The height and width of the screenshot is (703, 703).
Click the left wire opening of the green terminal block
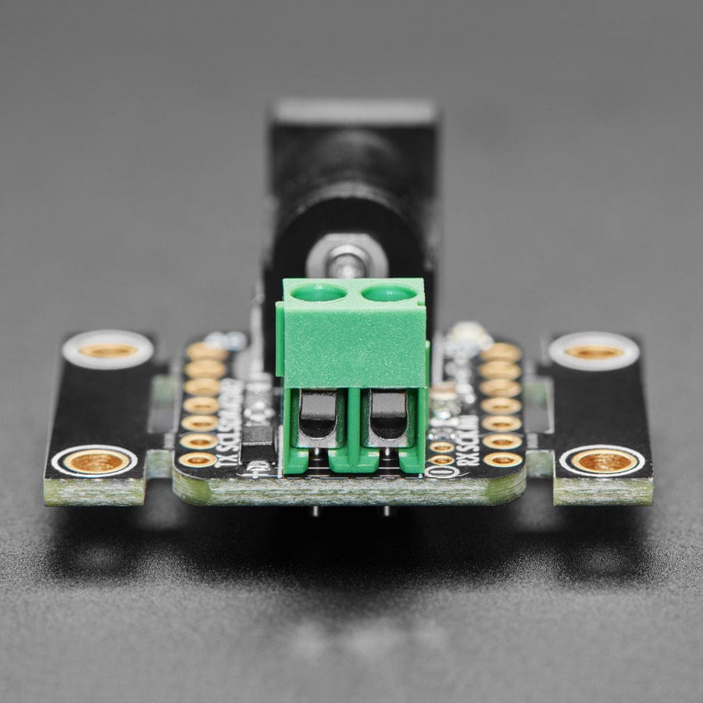(x=318, y=416)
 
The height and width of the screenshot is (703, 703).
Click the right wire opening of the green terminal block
(x=388, y=416)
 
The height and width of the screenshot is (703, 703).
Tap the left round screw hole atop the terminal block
(x=318, y=293)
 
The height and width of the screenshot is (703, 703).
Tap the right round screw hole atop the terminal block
(x=389, y=293)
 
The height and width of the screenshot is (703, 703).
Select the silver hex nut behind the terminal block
(x=348, y=259)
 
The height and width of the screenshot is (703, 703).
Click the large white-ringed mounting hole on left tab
(x=108, y=350)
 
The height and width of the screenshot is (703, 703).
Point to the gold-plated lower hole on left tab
(x=96, y=462)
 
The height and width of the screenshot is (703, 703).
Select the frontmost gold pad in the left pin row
(x=198, y=460)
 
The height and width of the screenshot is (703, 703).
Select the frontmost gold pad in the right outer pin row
(x=503, y=459)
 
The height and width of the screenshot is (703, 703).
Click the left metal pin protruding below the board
(x=315, y=512)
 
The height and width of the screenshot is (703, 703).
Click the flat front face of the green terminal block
(x=351, y=344)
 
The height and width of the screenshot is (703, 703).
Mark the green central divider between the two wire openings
(x=353, y=426)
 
